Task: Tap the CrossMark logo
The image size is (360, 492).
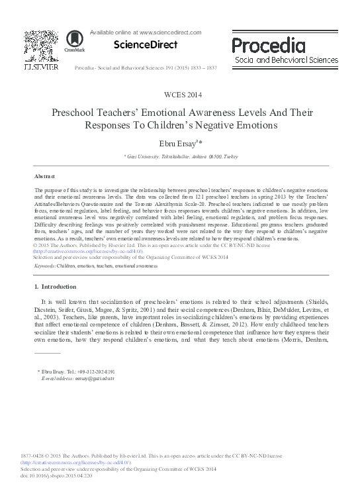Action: pyautogui.click(x=69, y=42)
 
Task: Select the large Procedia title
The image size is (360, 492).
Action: pyautogui.click(x=268, y=45)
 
